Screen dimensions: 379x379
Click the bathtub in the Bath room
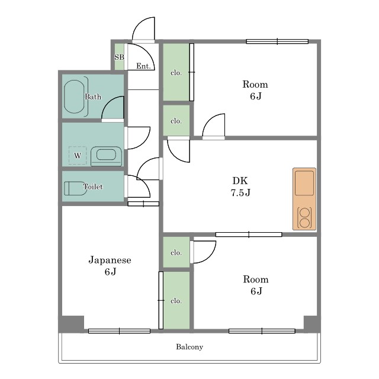[x=74, y=97]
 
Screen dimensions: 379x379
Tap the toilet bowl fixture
[x=75, y=188]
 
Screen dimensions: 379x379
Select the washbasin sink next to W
[x=106, y=156]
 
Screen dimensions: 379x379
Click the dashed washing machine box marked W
[x=78, y=155]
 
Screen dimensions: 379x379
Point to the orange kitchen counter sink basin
[x=304, y=183]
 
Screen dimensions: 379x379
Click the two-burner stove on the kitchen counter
[x=304, y=218]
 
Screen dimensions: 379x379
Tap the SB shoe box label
[x=119, y=57]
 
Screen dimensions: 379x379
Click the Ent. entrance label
[x=143, y=66]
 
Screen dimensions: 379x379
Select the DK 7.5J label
[x=240, y=187]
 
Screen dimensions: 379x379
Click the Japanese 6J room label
[x=110, y=266]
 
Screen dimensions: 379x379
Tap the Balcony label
[x=189, y=347]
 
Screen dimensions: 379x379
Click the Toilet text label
[x=93, y=187]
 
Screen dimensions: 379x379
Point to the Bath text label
[x=93, y=97]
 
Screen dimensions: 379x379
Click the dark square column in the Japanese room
[x=72, y=324]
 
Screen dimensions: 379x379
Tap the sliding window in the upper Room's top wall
[x=277, y=41]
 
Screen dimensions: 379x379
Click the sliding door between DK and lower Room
[x=249, y=235]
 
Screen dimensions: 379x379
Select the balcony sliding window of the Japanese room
[x=120, y=331]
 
